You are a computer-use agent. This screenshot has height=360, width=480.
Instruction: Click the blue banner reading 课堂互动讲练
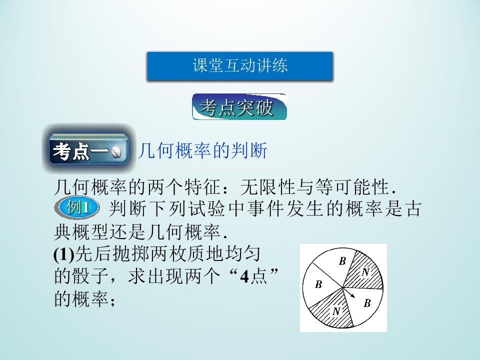coord(239,66)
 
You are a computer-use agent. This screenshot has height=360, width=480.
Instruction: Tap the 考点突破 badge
coord(239,107)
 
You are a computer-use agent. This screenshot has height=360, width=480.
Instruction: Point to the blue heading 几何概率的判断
coord(202,150)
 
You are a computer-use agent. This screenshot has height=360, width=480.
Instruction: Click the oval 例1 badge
coord(78,207)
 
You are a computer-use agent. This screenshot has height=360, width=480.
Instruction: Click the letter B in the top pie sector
coord(342,260)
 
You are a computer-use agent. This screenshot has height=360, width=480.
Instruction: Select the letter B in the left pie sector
coord(318,285)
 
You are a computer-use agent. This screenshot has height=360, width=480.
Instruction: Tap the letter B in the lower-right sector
coord(367,303)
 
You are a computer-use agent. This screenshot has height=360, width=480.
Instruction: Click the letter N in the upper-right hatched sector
coord(365,272)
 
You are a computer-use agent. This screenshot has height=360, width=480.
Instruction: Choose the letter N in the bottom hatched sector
coord(336,311)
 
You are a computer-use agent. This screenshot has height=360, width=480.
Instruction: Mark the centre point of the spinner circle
coord(343,287)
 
